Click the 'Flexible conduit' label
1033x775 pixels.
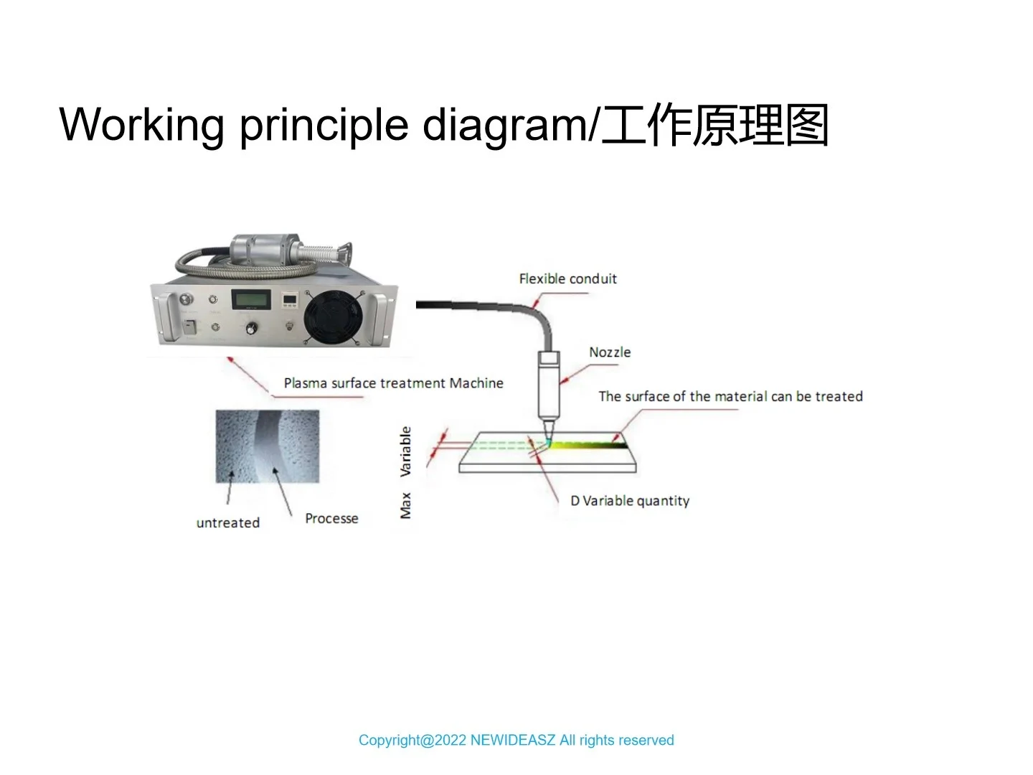click(x=567, y=278)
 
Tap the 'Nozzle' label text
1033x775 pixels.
click(x=610, y=352)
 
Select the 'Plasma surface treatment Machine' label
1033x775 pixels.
click(x=393, y=383)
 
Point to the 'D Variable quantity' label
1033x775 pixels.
click(x=630, y=501)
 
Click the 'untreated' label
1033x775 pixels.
click(x=228, y=522)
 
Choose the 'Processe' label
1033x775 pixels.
click(x=331, y=518)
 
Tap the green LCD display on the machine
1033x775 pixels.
click(x=250, y=300)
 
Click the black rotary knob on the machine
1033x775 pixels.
click(x=252, y=329)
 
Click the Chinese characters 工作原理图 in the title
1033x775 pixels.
click(x=715, y=125)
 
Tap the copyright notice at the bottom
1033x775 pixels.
click(x=516, y=740)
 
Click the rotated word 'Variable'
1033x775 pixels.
click(x=405, y=451)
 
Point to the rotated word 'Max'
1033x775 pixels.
click(x=405, y=505)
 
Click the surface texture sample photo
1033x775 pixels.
click(x=268, y=446)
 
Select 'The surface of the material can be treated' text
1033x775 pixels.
click(x=730, y=396)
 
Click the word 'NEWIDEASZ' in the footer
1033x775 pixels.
click(x=512, y=740)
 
